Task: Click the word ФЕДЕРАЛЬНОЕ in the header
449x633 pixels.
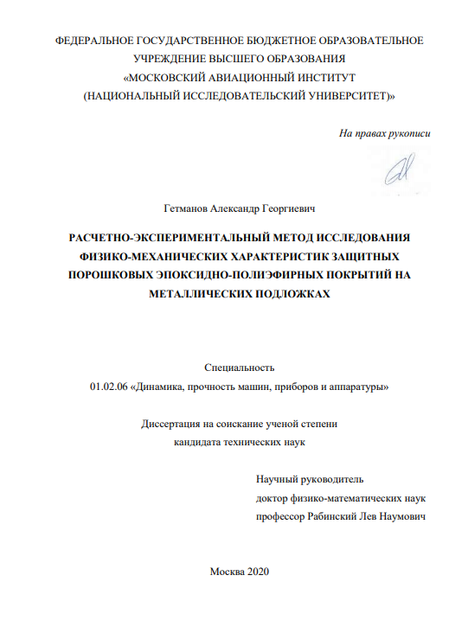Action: tap(94, 41)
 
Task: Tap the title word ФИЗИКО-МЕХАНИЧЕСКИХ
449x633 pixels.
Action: tap(146, 256)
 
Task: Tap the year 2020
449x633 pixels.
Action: tap(259, 572)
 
